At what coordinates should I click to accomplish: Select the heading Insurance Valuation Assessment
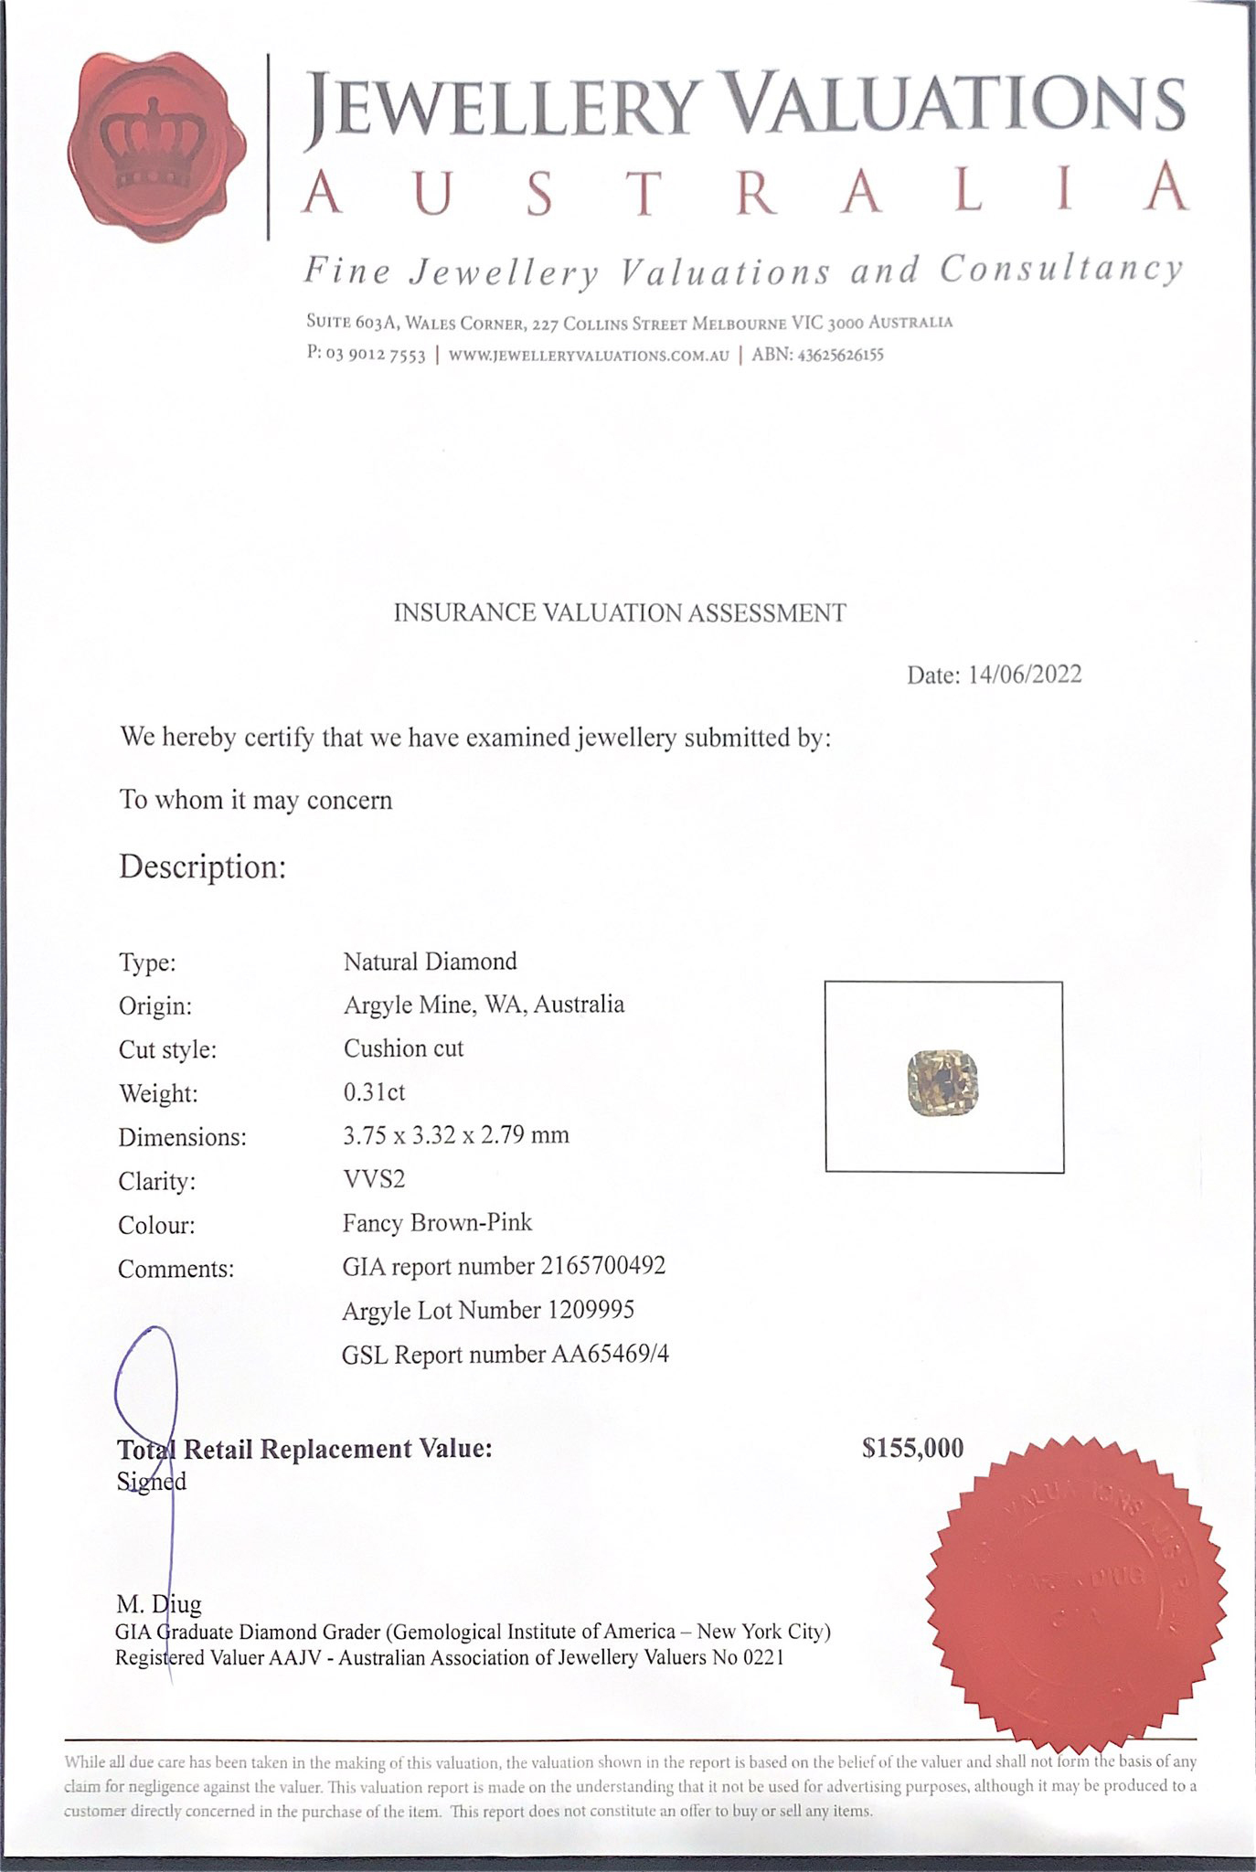pos(620,613)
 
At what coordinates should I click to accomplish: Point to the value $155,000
pos(912,1448)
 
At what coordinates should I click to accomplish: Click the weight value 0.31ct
pos(374,1092)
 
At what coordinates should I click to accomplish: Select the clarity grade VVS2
pos(374,1179)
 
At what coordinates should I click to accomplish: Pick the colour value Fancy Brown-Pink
pos(437,1223)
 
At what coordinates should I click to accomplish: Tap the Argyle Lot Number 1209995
pos(591,1310)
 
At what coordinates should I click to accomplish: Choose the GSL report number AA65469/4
pos(610,1354)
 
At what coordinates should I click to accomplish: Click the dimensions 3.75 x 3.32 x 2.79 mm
pos(456,1136)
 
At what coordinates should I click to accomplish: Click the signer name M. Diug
pos(159,1603)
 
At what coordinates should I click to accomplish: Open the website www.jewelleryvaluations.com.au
pos(589,356)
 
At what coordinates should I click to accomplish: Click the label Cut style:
pos(167,1050)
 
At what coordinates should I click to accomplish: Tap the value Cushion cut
pos(403,1048)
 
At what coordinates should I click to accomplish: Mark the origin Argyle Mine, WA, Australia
pos(484,1005)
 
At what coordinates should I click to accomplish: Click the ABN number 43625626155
pos(840,355)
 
